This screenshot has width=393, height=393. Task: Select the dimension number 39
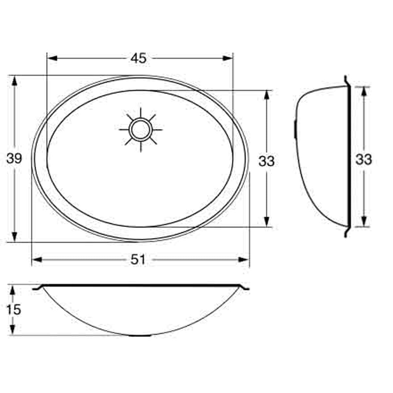14,159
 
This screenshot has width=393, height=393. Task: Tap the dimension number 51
138,260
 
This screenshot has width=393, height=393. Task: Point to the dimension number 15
13,309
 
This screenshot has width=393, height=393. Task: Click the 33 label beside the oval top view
267,161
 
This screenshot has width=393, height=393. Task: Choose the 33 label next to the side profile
364,159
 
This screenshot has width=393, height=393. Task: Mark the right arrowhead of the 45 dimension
228,58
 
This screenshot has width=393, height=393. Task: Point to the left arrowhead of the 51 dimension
37,260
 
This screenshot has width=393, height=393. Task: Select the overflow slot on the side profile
295,129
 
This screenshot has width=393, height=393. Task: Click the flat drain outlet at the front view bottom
141,335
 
